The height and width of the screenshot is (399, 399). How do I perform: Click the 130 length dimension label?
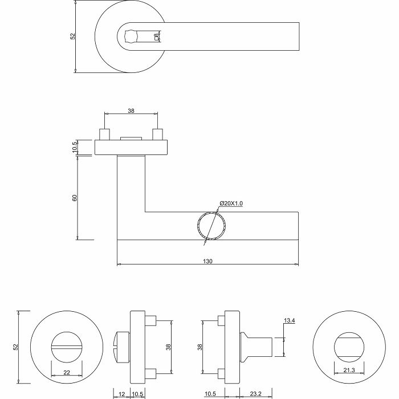point(207,261)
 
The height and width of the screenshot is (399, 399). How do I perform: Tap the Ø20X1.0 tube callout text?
point(231,203)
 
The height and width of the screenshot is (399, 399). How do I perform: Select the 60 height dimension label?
point(74,198)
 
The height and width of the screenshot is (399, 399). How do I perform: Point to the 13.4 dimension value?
point(290,320)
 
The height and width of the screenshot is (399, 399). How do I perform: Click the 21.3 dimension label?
point(349,370)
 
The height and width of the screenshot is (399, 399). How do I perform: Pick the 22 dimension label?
point(67,373)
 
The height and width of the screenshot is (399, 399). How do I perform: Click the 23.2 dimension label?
point(256,394)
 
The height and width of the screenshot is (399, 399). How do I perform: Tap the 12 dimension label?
point(122,394)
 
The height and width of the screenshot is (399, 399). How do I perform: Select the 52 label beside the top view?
point(73,36)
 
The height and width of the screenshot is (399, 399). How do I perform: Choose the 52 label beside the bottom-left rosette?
point(16,347)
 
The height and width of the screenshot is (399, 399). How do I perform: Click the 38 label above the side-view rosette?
point(131,111)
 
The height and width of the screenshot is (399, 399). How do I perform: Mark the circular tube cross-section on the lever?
point(211,225)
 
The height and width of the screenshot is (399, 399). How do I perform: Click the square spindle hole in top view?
point(131,36)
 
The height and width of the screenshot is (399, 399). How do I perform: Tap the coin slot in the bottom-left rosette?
point(67,347)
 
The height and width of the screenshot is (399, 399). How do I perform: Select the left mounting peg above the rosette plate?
point(104,135)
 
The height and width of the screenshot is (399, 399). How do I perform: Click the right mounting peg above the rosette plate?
point(157,135)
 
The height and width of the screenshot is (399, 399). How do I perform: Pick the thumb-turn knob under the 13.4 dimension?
point(256,347)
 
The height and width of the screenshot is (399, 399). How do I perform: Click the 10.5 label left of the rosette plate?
point(74,147)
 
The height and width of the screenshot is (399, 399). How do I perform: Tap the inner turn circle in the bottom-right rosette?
point(349,347)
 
